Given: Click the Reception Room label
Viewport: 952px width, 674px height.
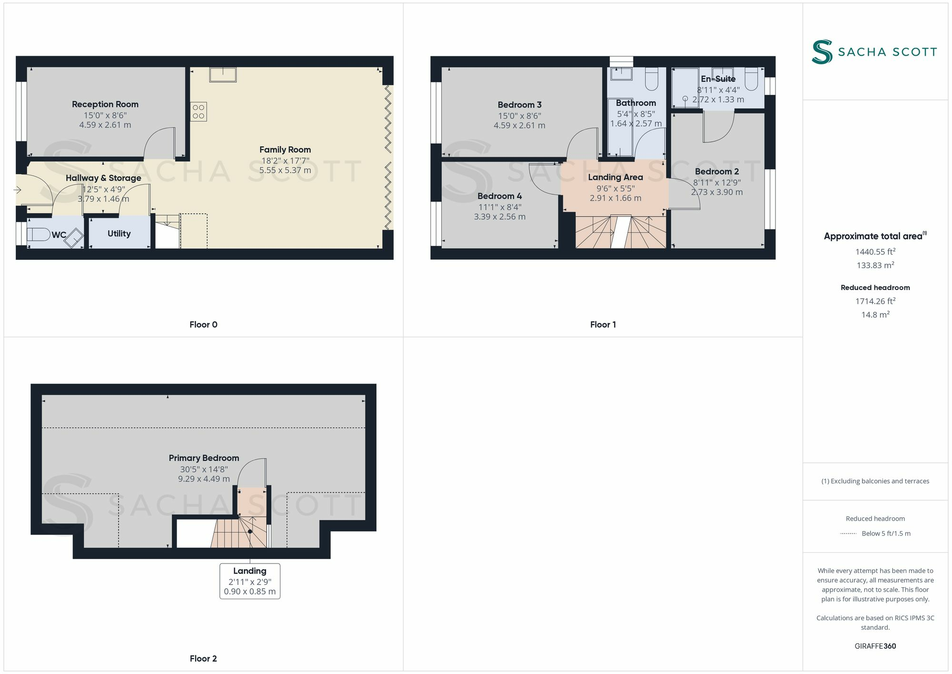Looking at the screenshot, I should click(105, 104).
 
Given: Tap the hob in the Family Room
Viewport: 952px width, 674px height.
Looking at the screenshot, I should click(198, 111).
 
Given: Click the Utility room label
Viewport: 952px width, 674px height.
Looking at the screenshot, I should click(119, 233).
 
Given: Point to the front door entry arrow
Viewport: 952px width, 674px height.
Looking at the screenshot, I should click(18, 190).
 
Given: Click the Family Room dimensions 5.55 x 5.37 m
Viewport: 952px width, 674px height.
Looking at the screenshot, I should click(285, 170).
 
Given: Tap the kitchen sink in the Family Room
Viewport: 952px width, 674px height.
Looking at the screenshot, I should click(223, 74).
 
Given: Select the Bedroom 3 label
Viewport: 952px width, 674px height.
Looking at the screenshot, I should click(519, 105).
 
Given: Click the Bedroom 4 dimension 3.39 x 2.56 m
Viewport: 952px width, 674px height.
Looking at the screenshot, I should click(499, 217).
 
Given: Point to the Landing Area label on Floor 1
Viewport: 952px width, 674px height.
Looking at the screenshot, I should click(615, 177).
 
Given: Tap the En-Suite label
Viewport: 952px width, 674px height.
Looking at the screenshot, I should click(718, 79).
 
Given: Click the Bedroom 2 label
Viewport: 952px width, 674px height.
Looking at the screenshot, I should click(716, 171).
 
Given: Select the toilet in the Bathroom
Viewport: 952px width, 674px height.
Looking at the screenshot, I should click(652, 79).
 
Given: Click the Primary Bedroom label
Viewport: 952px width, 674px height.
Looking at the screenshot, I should click(204, 458).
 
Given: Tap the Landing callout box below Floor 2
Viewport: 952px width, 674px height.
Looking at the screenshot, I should click(249, 581).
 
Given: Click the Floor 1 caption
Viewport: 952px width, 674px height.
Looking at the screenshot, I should click(603, 324).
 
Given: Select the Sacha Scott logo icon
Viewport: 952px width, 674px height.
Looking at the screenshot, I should click(822, 51).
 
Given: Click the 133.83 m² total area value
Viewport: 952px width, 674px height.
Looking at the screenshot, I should click(875, 265).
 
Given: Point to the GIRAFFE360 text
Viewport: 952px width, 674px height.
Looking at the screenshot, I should click(875, 646).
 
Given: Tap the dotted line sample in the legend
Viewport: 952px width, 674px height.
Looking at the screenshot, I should click(848, 533).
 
